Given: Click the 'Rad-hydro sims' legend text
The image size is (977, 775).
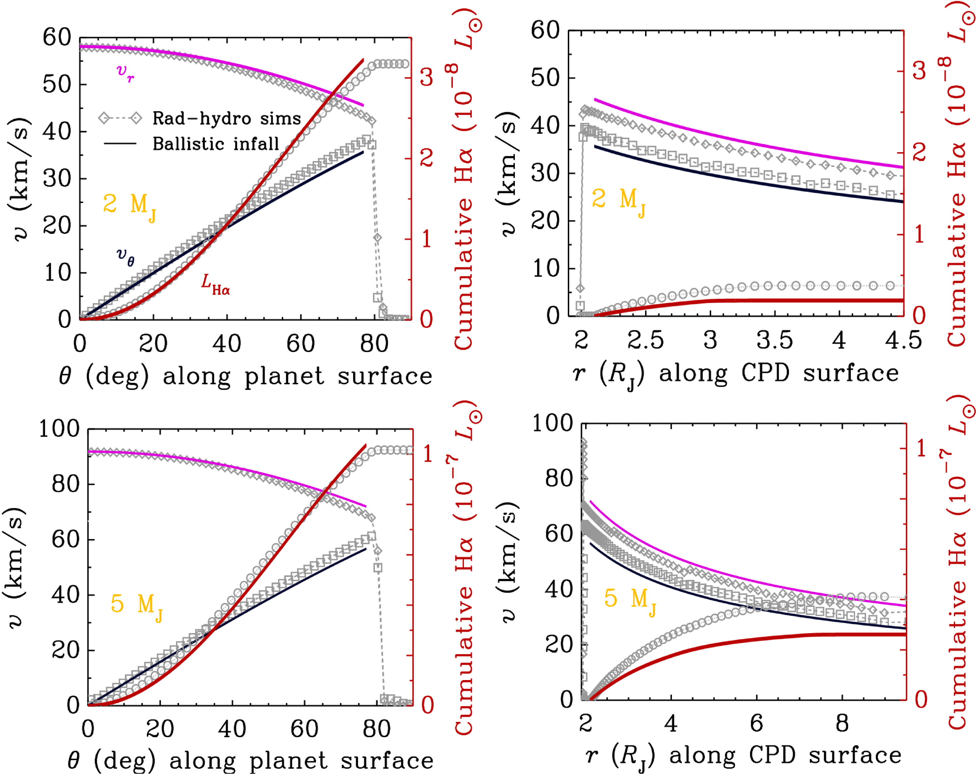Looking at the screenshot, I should (227, 119).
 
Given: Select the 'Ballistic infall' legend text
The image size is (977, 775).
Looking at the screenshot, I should (216, 144).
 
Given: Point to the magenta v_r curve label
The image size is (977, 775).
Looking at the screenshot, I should (125, 72).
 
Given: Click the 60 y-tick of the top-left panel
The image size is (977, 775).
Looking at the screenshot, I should (57, 38).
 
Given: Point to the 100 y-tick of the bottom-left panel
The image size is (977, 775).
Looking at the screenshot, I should (59, 429).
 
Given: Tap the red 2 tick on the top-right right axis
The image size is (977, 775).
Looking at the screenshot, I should (919, 153).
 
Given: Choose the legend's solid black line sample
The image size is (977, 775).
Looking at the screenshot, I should (120, 144).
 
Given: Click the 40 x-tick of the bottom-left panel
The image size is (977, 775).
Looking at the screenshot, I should (232, 729).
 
